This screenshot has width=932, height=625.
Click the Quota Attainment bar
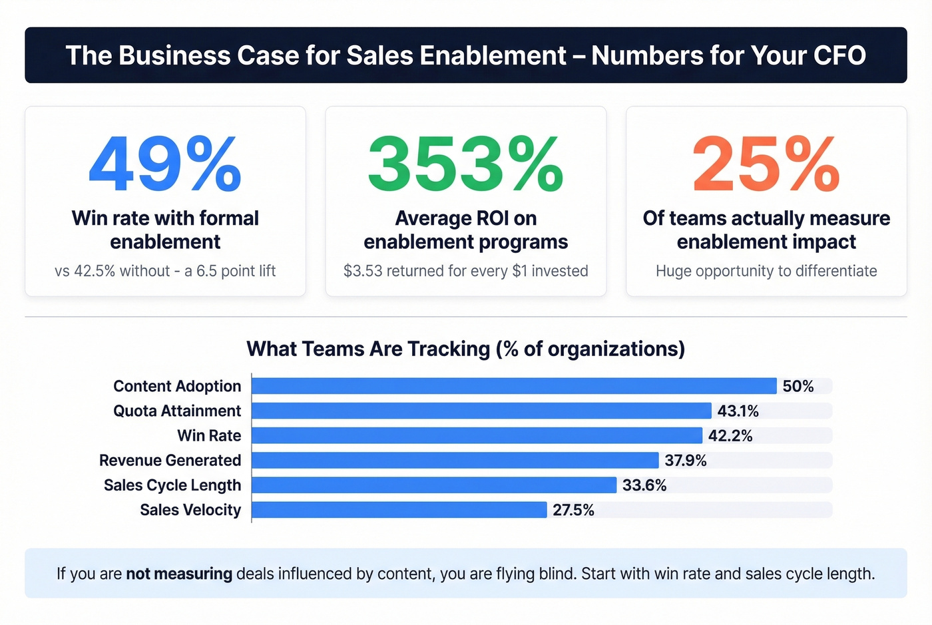coord(481,411)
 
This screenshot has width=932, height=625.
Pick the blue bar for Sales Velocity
coord(399,510)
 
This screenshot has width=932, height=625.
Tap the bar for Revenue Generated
coord(455,460)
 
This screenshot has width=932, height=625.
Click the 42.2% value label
coord(730,436)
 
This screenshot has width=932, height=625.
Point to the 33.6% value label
coord(644,485)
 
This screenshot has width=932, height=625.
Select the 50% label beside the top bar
coord(798,386)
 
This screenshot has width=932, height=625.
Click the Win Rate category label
coord(209,436)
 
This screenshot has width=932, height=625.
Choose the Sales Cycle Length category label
coord(172,485)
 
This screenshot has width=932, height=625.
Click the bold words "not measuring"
coord(179,574)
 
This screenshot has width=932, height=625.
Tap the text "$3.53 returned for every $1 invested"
coord(465,271)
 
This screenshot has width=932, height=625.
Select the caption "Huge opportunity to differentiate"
coord(766,271)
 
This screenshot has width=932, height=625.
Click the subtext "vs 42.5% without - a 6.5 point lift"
coord(165,271)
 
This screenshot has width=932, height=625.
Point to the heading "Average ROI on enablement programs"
coord(465,230)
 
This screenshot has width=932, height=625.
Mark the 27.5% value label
coord(573,510)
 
